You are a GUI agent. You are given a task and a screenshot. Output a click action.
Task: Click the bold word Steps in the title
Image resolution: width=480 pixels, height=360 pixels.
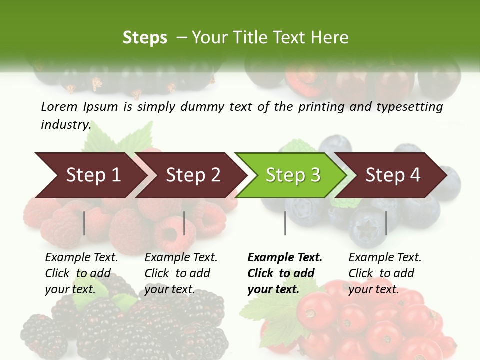point(145,38)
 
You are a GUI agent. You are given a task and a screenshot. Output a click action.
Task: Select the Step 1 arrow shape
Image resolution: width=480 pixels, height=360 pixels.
point(90,175)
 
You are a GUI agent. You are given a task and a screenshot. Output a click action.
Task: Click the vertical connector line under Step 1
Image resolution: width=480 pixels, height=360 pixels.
point(84,223)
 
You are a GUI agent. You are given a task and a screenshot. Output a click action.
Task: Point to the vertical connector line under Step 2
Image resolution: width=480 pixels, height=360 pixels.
point(184,223)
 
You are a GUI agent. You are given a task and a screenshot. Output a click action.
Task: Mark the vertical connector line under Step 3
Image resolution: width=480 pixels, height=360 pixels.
point(285,223)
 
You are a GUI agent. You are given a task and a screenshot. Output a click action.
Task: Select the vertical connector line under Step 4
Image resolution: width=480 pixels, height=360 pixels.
point(386,223)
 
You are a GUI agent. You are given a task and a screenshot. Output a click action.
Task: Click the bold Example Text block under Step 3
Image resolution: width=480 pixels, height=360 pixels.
point(285,273)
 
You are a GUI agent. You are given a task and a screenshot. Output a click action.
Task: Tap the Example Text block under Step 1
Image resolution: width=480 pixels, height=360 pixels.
point(81,273)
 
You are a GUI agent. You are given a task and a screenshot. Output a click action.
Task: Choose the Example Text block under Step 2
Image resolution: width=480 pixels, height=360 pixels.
point(181,273)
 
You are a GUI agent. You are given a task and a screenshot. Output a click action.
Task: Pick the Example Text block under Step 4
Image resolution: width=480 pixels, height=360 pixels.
point(385,273)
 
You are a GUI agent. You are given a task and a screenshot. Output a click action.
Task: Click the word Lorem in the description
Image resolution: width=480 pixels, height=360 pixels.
point(59,107)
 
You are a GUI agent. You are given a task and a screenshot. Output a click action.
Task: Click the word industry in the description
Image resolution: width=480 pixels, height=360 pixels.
point(65,125)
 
